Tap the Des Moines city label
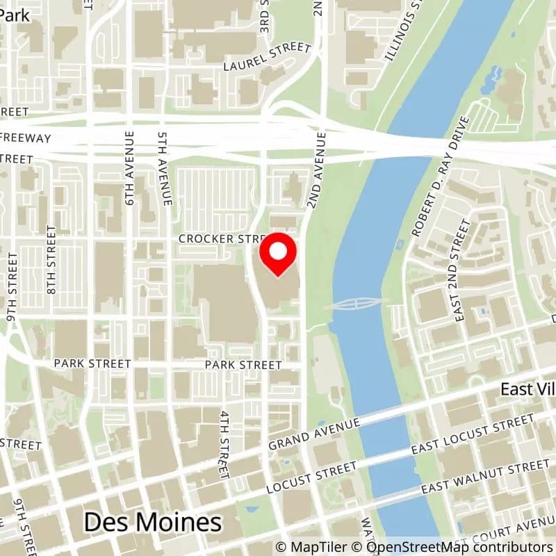coord(153,523)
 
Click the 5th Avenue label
coord(165,169)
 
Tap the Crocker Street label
coord(218,238)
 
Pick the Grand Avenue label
coord(315,434)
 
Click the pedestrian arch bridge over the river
coord(356,303)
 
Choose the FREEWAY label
coord(26,138)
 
